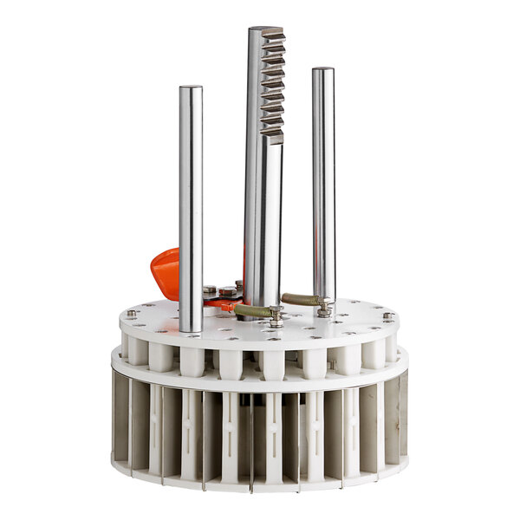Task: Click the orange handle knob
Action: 165,272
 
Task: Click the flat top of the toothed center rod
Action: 264,31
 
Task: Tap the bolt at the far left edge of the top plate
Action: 132,313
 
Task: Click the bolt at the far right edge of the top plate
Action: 387,315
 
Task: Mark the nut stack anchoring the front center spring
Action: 276,316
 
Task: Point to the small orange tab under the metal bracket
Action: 223,305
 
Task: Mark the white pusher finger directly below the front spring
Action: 271,362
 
